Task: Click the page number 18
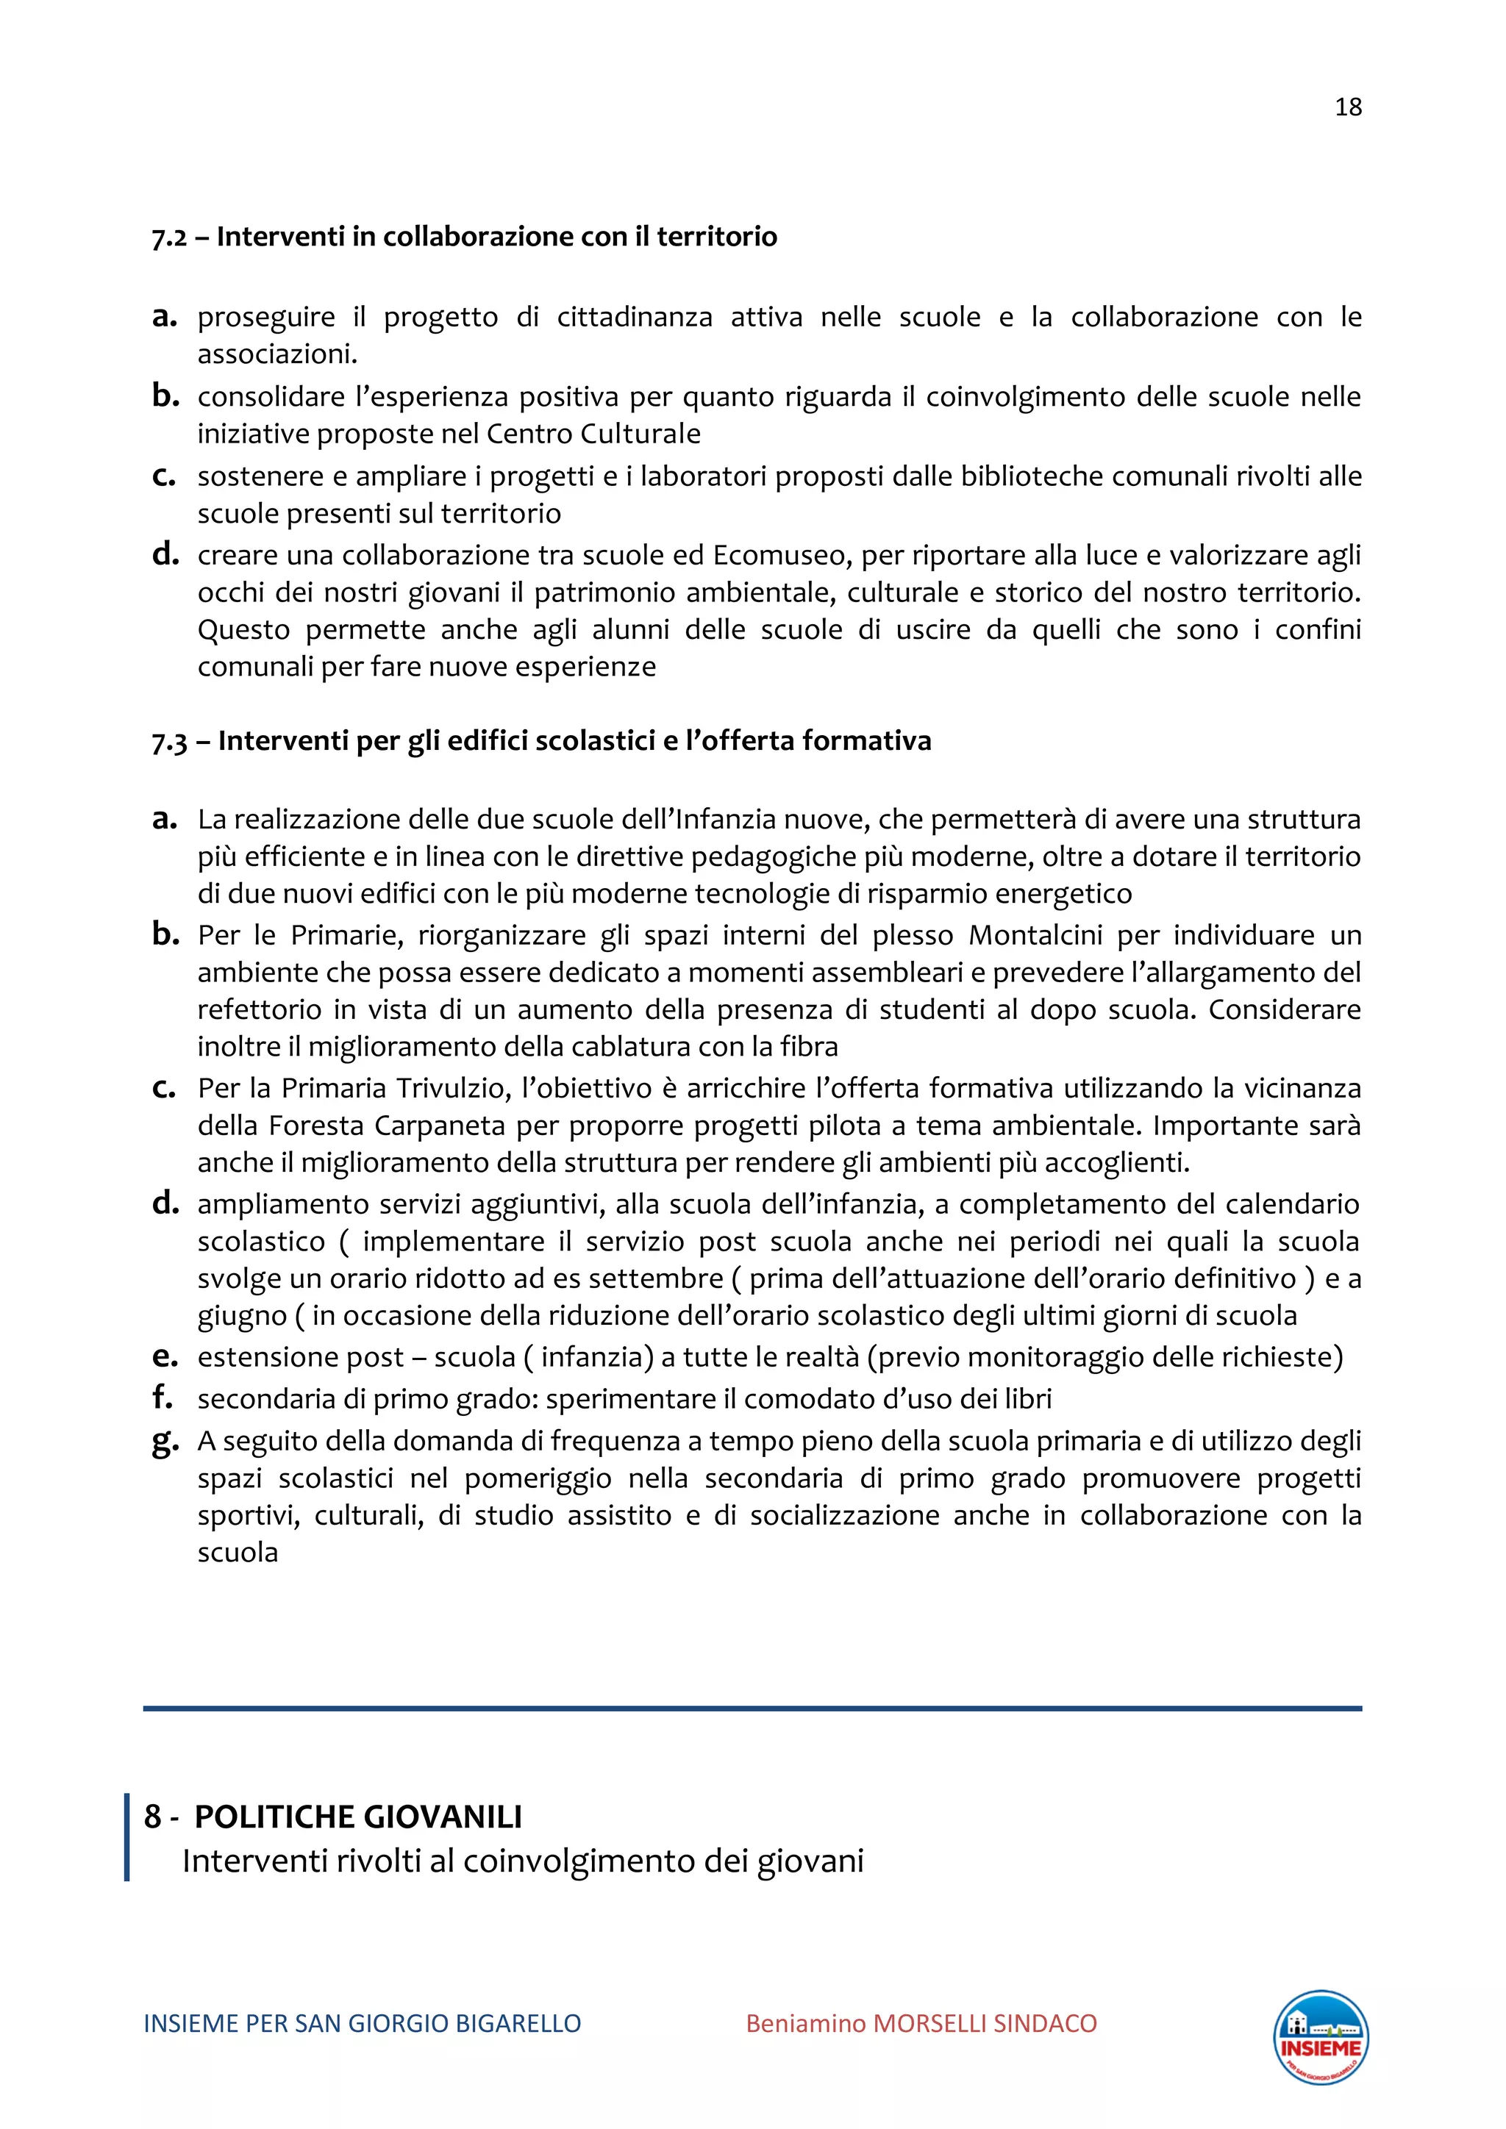[1347, 107]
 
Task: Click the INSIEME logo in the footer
[1321, 2038]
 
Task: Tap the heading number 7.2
[169, 237]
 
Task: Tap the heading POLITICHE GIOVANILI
[358, 1817]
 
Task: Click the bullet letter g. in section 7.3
[165, 1443]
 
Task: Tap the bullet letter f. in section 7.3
[163, 1398]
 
